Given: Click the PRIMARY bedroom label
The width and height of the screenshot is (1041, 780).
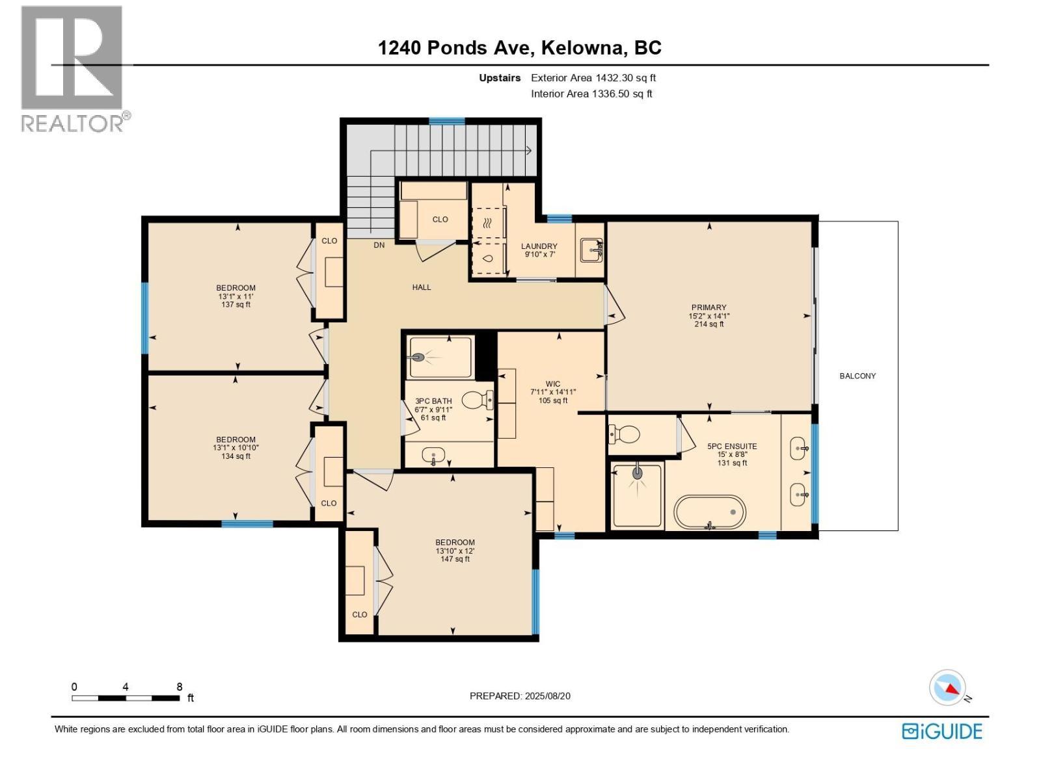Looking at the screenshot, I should point(709,307).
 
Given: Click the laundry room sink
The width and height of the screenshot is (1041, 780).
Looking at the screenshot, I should point(591,250).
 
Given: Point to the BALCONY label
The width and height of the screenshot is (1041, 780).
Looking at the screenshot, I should point(857,376).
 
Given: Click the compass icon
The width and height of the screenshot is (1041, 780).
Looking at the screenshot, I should point(948,688).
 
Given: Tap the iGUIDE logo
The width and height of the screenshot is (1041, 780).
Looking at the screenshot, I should point(941,731).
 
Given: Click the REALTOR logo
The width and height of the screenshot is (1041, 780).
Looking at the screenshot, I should point(73,68).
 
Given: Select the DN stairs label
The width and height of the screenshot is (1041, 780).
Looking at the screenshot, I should point(379,245).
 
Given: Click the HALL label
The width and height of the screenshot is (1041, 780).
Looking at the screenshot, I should point(421,287).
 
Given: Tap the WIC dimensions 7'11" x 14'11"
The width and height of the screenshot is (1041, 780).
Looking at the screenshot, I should point(553,392).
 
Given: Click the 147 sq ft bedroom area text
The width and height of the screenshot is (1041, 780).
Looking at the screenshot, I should point(455,559).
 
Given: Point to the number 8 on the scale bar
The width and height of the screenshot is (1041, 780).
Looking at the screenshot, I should point(179,686).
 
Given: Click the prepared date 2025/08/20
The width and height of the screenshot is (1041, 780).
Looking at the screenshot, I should point(547,695).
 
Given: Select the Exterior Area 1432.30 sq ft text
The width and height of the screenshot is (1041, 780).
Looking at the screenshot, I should point(593,77).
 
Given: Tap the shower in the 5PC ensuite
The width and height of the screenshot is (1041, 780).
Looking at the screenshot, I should point(637,495).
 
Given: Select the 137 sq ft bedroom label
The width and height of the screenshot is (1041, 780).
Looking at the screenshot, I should point(236,304).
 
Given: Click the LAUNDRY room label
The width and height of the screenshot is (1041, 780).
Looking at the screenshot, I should point(539,246).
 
